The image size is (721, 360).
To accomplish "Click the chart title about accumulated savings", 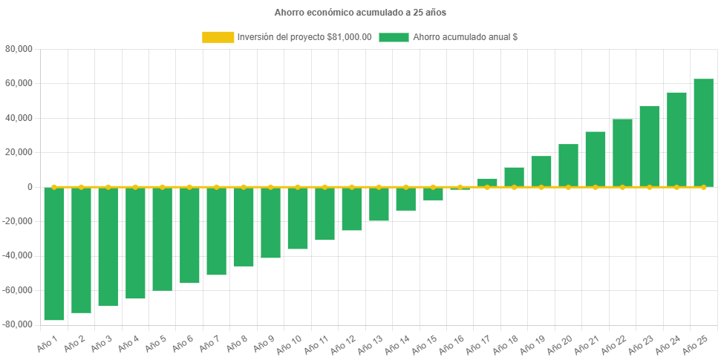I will point(360,13).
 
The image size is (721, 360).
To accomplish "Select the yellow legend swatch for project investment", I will point(218,37).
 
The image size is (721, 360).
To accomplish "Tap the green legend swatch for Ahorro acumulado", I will point(394,37).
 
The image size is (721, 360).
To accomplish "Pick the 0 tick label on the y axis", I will point(30,187).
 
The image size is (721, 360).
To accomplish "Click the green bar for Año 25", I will point(703,133).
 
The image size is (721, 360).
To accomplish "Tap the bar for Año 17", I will point(487,183).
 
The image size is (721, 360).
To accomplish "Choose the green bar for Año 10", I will point(298,218).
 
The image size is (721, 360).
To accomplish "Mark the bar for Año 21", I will point(596,159).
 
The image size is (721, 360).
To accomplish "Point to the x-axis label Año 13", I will point(370,344).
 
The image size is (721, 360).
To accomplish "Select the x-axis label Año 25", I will point(694,344).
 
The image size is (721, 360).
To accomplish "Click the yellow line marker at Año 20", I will point(568,187).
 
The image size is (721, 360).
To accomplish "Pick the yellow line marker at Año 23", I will point(650,187).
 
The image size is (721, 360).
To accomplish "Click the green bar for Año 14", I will point(405,199).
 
